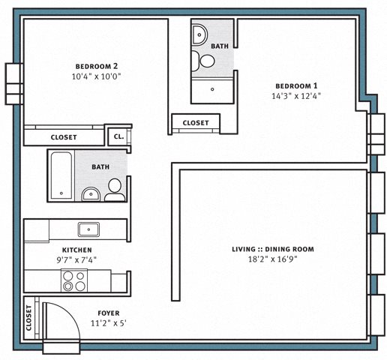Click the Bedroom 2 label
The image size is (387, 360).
tap(97, 67)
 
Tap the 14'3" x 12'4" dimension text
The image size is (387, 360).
tap(296, 96)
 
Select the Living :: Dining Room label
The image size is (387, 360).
tap(273, 249)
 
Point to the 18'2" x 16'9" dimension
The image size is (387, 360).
tap(273, 259)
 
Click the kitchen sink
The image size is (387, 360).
tap(88, 229)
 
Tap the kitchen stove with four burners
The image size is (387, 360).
tap(74, 280)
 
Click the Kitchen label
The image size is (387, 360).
tap(77, 250)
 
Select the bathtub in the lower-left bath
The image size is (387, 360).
tap(61, 176)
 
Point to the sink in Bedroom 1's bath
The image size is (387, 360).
tap(199, 34)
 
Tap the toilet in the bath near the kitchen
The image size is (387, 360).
tap(115, 190)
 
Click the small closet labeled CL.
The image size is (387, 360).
tap(118, 136)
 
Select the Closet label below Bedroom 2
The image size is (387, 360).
tap(64, 137)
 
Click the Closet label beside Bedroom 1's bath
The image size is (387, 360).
tap(196, 123)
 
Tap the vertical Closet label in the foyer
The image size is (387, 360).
tap(28, 318)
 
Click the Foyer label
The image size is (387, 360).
tap(109, 313)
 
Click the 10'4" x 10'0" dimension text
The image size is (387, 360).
tap(97, 76)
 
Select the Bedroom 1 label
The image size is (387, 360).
tap(296, 86)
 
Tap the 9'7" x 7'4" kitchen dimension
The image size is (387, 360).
tap(76, 260)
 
